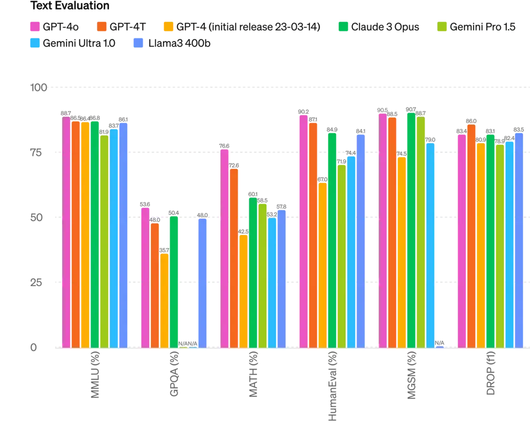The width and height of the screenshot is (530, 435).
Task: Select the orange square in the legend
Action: coord(102,26)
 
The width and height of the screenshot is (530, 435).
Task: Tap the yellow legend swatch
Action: coord(168,26)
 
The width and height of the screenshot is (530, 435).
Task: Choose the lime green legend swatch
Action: coord(443,26)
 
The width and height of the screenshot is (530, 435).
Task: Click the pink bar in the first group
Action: coord(66,232)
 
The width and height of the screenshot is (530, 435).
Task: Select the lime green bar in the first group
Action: coord(104,241)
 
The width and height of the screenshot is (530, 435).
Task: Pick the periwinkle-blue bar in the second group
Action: coord(203,283)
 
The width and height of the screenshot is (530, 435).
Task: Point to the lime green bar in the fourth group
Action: coord(341,256)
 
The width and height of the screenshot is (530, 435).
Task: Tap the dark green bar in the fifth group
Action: coord(411,230)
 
